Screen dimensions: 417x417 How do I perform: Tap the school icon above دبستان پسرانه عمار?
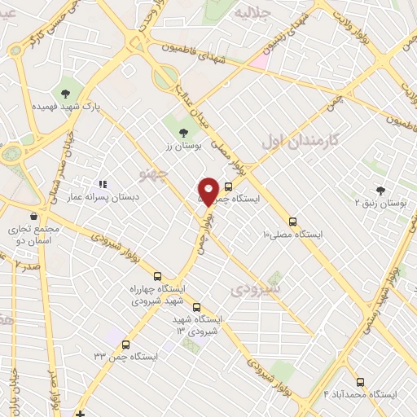103,185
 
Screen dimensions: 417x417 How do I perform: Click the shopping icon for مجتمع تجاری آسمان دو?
33,217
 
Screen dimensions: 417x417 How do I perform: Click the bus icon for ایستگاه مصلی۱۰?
293,221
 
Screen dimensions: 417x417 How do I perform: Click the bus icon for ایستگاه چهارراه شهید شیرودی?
158,277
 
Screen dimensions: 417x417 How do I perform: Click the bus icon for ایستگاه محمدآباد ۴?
360,381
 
